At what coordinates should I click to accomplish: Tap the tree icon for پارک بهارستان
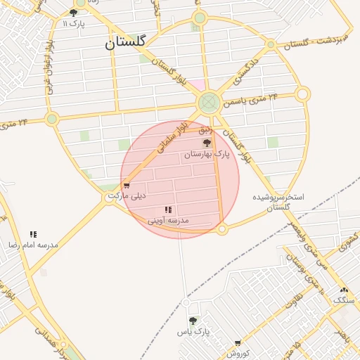206,143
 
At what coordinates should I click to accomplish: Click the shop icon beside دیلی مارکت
127,186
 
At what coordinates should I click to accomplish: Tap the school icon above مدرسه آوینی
168,210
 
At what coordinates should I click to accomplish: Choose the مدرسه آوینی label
168,220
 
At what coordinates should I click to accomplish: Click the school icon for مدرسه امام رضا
33,234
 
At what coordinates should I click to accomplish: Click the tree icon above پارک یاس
193,321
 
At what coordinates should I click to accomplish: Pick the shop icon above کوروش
238,343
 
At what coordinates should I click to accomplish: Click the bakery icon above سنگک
344,290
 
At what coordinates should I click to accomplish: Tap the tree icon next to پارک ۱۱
74,13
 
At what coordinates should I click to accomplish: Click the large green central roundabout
208,104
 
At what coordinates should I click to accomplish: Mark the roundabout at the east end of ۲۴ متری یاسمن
302,94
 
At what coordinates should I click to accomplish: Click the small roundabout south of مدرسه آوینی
222,229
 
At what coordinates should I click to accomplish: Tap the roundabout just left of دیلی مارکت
109,198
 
